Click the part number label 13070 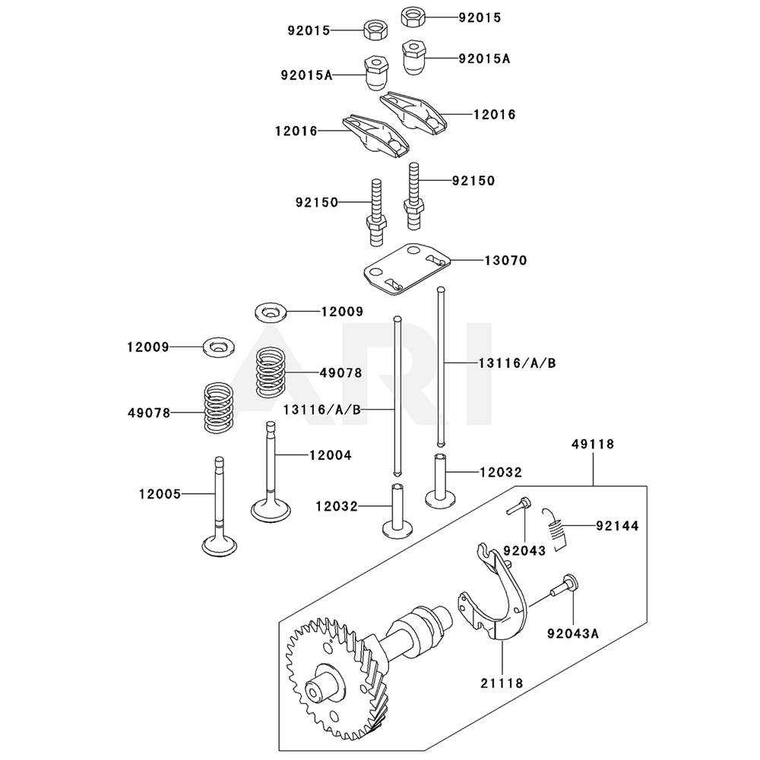pos(505,260)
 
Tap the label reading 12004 pos(331,455)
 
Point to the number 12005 pos(160,493)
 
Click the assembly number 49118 pos(594,444)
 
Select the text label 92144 pos(617,526)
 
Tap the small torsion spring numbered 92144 pos(558,527)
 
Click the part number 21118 pos(502,683)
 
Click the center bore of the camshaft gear pos(312,694)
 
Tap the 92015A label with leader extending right pos(309,75)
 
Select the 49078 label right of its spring pos(340,373)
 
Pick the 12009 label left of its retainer pos(148,347)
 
